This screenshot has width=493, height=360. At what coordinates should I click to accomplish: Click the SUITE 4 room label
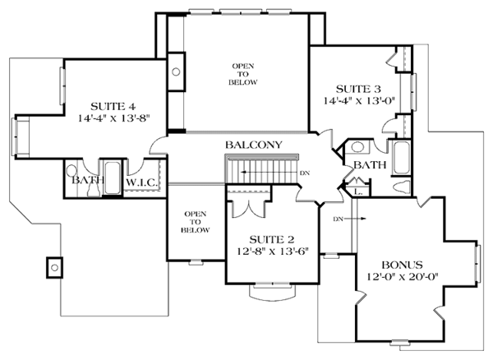click(x=113, y=106)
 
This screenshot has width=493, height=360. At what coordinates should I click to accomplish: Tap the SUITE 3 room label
click(x=358, y=89)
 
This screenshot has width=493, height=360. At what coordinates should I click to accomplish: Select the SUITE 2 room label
click(x=272, y=239)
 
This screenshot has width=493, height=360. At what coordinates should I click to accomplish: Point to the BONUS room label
click(x=402, y=265)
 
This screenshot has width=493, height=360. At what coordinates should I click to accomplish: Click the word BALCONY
click(x=254, y=145)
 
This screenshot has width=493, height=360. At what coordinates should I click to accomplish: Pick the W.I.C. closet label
click(x=141, y=182)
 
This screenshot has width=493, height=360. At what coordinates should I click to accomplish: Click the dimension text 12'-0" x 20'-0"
click(x=403, y=276)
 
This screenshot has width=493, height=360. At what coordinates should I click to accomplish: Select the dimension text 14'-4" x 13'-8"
click(x=113, y=118)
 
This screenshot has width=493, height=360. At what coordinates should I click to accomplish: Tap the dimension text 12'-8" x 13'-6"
click(x=272, y=252)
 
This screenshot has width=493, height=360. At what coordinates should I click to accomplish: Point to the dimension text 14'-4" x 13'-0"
click(x=359, y=101)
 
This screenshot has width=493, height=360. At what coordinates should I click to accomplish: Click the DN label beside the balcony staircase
click(x=305, y=173)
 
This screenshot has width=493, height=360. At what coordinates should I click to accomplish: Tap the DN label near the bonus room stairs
click(x=338, y=219)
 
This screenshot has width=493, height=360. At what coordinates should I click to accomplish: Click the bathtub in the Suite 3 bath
click(x=402, y=158)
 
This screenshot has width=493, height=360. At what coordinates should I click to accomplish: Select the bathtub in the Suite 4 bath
click(x=112, y=178)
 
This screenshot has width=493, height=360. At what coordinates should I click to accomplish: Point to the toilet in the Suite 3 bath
click(x=402, y=186)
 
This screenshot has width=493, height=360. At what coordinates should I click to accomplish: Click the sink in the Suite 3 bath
click(x=357, y=147)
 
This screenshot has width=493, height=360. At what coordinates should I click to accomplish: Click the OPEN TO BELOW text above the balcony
click(x=243, y=74)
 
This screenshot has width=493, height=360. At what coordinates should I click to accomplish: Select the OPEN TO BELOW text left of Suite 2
click(x=196, y=222)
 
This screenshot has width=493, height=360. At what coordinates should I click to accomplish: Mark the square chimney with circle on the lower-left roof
click(x=55, y=268)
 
